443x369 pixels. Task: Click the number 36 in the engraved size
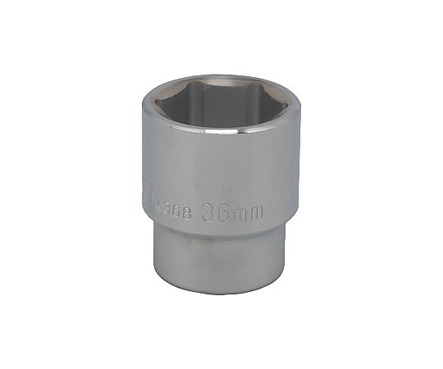coord(214,212)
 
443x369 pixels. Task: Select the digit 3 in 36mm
coord(207,212)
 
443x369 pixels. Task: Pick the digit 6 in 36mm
coord(221,212)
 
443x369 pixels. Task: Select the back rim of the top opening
coord(217,76)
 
